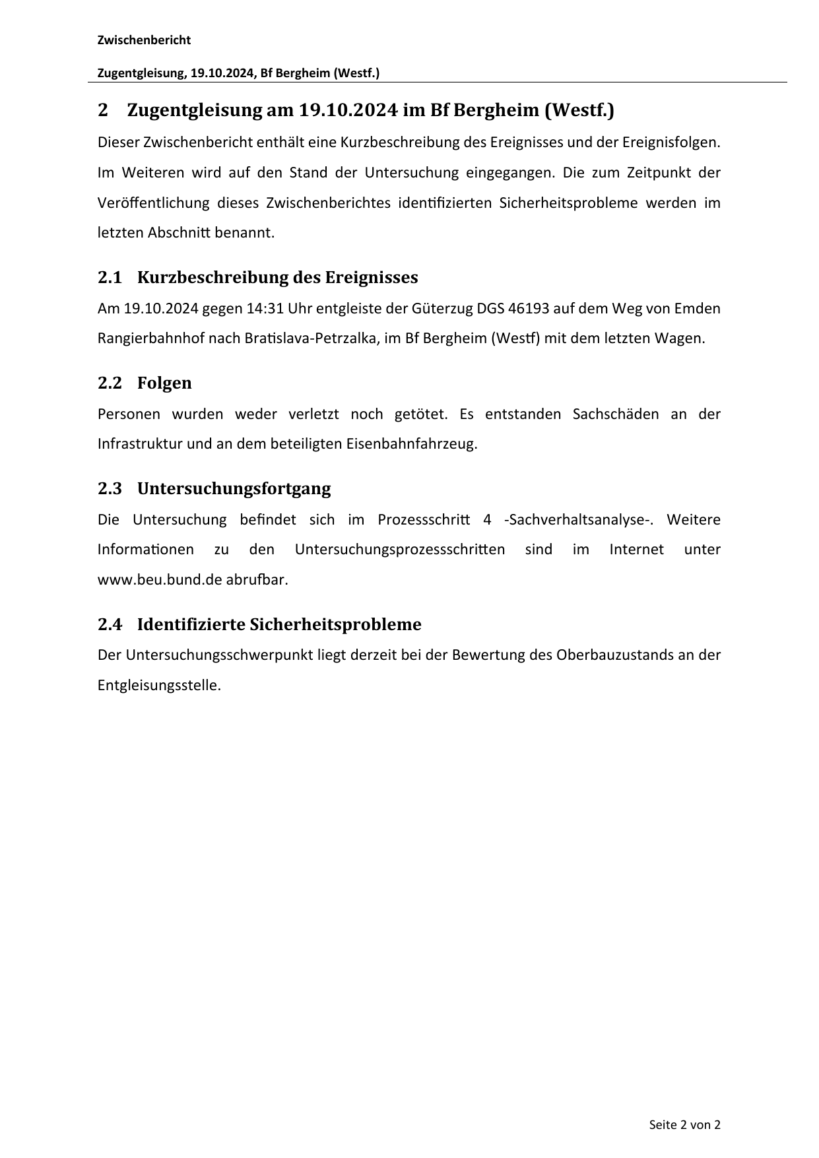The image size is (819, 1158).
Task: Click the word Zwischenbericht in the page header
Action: pyautogui.click(x=144, y=40)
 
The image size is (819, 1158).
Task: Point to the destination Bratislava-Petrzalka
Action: pyautogui.click(x=313, y=338)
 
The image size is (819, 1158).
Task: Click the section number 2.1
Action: pyautogui.click(x=110, y=278)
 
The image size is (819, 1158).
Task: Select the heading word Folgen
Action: pyautogui.click(x=164, y=383)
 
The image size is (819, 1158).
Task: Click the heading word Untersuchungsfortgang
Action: pyautogui.click(x=234, y=489)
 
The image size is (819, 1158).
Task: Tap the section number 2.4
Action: pyautogui.click(x=110, y=625)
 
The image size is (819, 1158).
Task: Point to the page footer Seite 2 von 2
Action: pyautogui.click(x=684, y=1124)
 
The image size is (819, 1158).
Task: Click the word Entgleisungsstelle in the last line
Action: pyautogui.click(x=158, y=685)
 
